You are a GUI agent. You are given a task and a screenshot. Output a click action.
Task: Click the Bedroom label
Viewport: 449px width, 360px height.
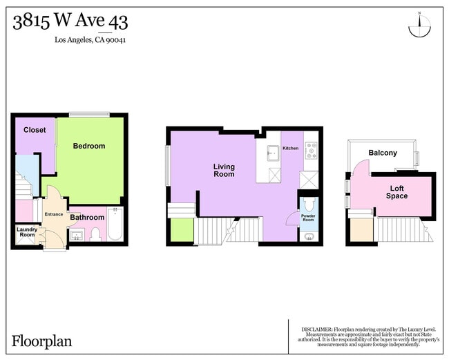tap(90, 146)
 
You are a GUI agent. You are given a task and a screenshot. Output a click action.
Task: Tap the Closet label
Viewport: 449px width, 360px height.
tap(35, 130)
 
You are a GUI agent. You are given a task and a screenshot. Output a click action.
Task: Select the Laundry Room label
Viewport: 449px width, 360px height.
tap(26, 232)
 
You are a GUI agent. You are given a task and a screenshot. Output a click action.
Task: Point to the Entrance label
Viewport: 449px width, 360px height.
tap(54, 214)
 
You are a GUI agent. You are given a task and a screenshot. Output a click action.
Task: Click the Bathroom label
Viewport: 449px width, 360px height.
tap(87, 218)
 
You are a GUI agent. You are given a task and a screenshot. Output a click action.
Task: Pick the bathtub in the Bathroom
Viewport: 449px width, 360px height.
tap(115, 224)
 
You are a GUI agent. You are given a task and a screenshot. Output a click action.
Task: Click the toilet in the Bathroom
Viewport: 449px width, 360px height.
tap(95, 234)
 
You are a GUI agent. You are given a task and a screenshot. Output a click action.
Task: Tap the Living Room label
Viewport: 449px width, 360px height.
tap(224, 170)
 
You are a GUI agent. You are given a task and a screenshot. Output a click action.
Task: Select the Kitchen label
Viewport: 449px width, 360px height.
tap(290, 149)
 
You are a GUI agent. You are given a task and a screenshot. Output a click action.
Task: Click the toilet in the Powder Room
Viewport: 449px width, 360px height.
tap(309, 205)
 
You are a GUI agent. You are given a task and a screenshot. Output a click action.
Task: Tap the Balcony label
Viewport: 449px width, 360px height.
tap(383, 153)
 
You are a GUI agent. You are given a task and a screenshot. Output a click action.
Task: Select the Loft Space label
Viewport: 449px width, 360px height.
tap(397, 191)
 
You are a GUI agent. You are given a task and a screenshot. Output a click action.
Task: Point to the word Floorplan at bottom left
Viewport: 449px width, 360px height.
tap(41, 341)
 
